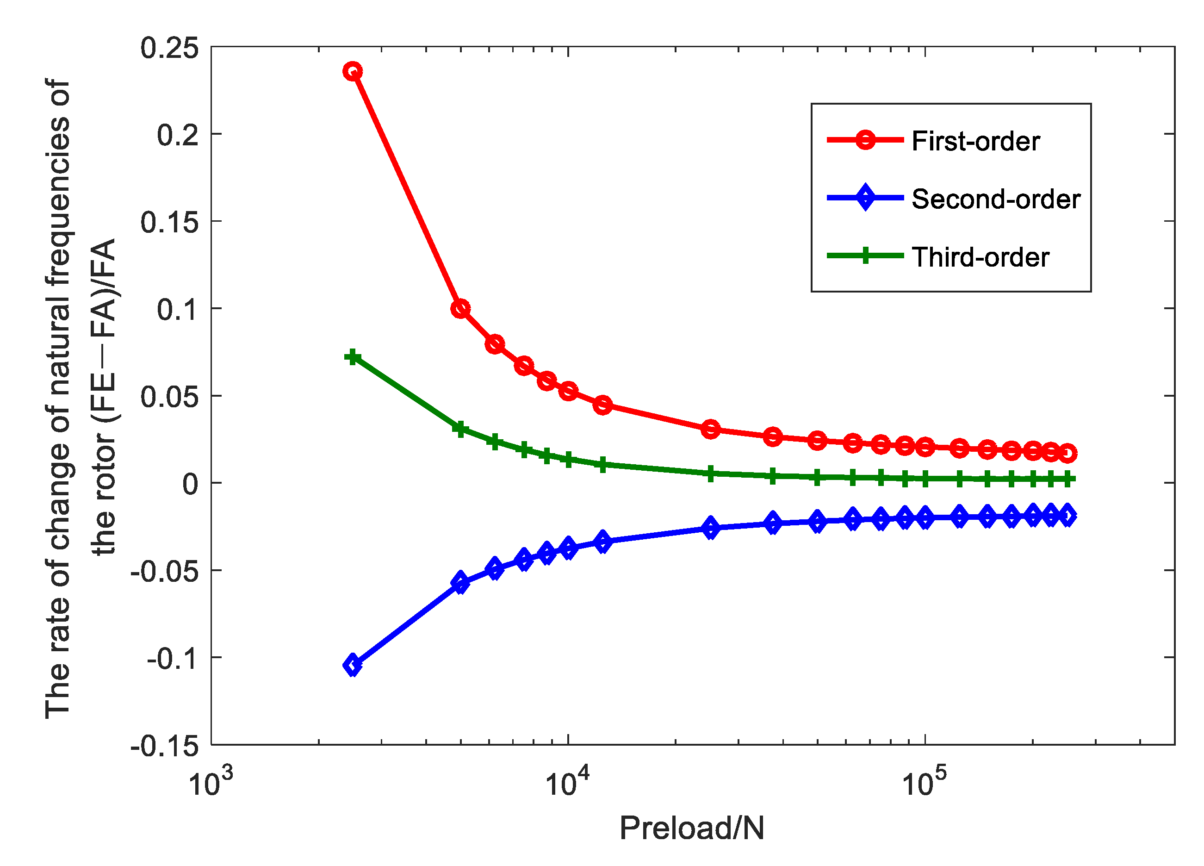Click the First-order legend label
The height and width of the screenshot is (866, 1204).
tap(976, 141)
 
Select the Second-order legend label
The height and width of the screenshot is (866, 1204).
tap(996, 199)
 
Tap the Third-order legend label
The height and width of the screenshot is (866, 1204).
tap(981, 257)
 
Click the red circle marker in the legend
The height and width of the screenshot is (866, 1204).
tap(865, 140)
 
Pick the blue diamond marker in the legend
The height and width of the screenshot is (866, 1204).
tap(865, 198)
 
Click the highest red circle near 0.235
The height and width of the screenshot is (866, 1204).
tap(353, 71)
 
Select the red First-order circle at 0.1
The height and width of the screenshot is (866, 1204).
tap(460, 308)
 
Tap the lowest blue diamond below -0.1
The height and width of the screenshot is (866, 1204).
tap(353, 665)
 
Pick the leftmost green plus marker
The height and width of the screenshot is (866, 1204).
tap(353, 357)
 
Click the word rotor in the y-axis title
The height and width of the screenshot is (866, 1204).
tap(102, 467)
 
